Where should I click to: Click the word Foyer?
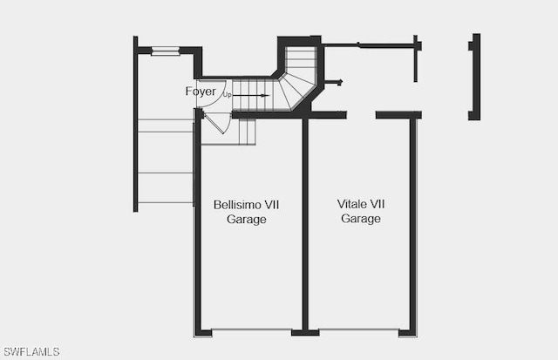[x=201, y=92]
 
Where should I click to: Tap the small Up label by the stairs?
[x=227, y=95]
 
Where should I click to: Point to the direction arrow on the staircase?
[x=251, y=95]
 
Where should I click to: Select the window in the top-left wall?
[x=166, y=51]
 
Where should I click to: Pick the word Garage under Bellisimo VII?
[x=246, y=219]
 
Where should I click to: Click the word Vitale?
[x=352, y=204]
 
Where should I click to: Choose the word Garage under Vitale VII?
[x=360, y=219]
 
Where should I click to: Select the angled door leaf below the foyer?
[x=214, y=123]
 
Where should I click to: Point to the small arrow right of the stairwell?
[x=334, y=83]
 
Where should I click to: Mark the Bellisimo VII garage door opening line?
[x=252, y=330]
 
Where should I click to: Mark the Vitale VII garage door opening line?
[x=359, y=329]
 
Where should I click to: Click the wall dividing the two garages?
[x=305, y=224]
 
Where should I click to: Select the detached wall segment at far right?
[x=474, y=77]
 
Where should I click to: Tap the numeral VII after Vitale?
[x=378, y=204]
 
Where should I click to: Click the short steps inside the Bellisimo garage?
[x=248, y=132]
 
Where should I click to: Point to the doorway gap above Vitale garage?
[x=361, y=114]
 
